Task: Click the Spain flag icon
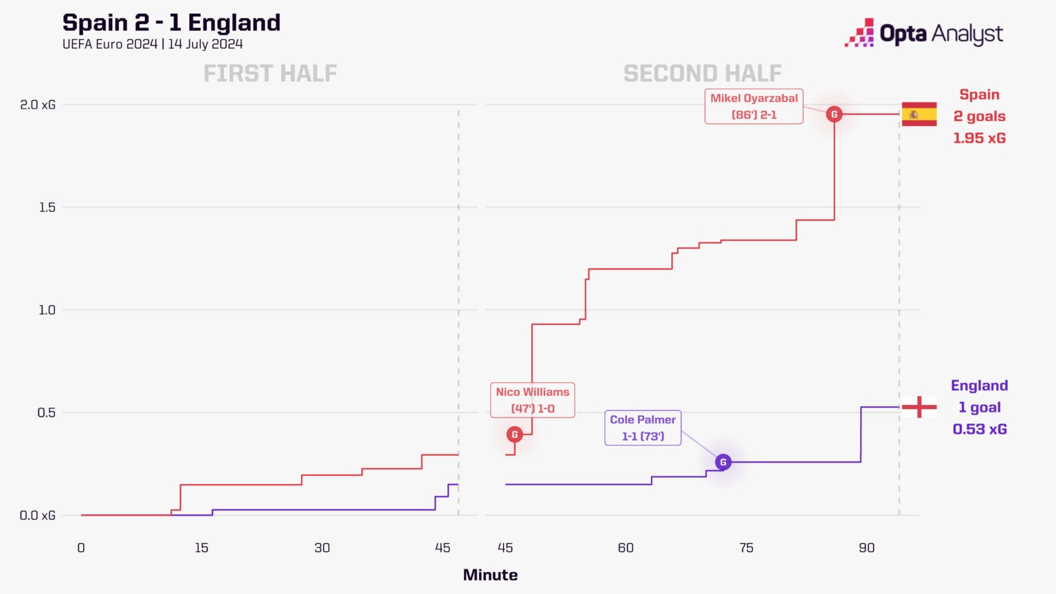919,114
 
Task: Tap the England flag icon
919,407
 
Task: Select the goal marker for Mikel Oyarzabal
834,114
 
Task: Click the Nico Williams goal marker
514,434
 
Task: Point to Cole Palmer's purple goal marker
723,462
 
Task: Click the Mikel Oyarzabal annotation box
753,106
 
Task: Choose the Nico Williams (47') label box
532,400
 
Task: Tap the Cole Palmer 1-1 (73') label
643,428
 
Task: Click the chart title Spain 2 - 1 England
171,23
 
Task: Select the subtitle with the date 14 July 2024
153,44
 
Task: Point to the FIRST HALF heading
270,74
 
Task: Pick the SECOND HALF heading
702,74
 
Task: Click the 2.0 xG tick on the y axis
38,104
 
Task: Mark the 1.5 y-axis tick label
47,207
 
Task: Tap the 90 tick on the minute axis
866,548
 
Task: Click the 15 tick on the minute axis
201,548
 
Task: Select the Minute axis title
490,575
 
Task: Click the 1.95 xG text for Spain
979,138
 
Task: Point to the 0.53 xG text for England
979,429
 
